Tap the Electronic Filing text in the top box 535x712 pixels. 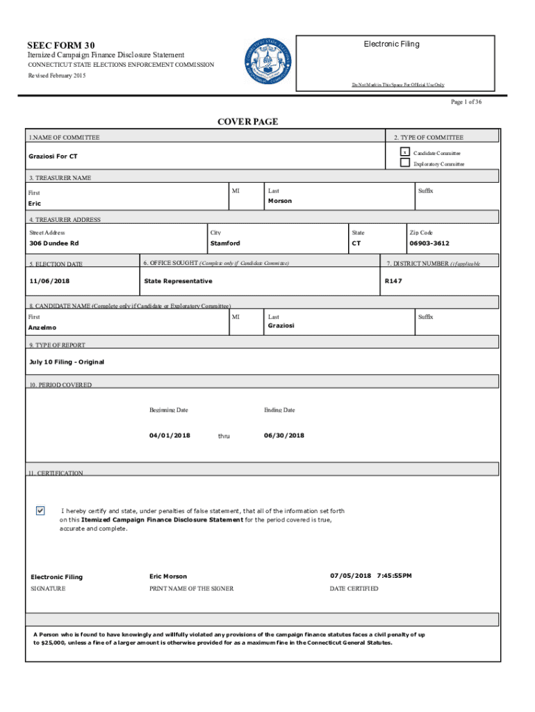pyautogui.click(x=391, y=44)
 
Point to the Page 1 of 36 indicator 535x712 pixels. pyautogui.click(x=466, y=102)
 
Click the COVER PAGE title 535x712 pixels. pyautogui.click(x=247, y=122)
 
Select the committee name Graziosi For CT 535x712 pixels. pyautogui.click(x=53, y=156)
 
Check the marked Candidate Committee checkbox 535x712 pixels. pyautogui.click(x=404, y=152)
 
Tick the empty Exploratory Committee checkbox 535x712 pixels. pyautogui.click(x=404, y=163)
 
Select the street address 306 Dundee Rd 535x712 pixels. pyautogui.click(x=53, y=243)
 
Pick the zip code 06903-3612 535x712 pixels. pyautogui.click(x=429, y=243)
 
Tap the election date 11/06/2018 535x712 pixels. pyautogui.click(x=49, y=281)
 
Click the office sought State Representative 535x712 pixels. pyautogui.click(x=178, y=281)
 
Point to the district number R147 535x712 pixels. pyautogui.click(x=393, y=281)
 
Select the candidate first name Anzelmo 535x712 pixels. pyautogui.click(x=43, y=327)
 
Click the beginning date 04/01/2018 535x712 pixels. pyautogui.click(x=170, y=435)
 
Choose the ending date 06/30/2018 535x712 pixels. pyautogui.click(x=283, y=435)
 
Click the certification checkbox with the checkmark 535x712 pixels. pyautogui.click(x=40, y=511)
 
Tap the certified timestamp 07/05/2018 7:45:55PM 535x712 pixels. pyautogui.click(x=370, y=576)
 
